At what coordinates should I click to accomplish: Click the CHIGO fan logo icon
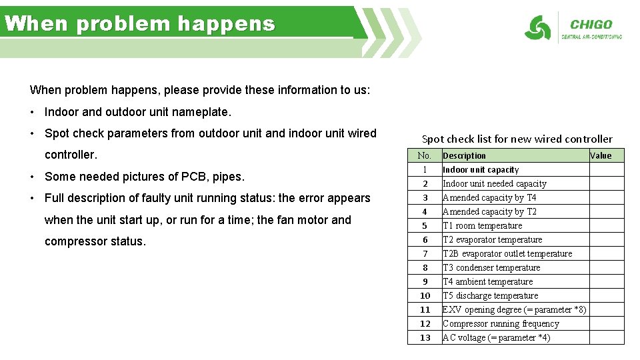tap(537, 28)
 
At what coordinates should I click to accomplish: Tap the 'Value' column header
tap(600, 155)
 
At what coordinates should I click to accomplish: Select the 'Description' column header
tap(465, 155)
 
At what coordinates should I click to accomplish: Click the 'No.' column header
tap(425, 155)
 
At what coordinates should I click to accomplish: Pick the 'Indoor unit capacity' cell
tap(481, 169)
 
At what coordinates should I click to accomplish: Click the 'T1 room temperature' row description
tap(483, 225)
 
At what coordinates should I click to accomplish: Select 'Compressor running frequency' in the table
tap(501, 323)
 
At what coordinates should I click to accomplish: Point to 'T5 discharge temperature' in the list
tap(491, 295)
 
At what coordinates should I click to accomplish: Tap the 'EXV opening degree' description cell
tap(514, 309)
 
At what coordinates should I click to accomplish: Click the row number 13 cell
tap(425, 337)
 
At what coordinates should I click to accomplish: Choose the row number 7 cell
tap(425, 253)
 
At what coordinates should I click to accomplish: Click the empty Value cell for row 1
tap(607, 169)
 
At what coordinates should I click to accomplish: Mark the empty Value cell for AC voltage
tap(607, 337)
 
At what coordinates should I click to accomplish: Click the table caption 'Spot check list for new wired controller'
tap(517, 139)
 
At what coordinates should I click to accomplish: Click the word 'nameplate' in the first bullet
tap(202, 111)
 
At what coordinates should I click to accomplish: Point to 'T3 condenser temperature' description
tap(491, 267)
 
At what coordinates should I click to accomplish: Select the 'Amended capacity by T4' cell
tap(489, 197)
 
